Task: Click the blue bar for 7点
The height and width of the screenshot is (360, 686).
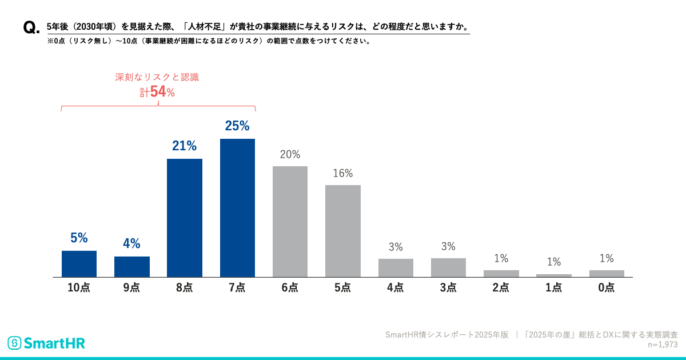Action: tap(237, 207)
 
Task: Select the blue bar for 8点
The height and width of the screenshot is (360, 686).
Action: tap(185, 218)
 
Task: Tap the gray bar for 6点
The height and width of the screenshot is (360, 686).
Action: tap(290, 221)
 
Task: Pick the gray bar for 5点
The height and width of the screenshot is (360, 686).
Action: tap(342, 231)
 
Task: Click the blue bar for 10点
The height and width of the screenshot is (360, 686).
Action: tap(79, 263)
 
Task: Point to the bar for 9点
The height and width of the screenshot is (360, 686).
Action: tap(131, 266)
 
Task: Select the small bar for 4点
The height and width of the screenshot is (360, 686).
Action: tap(396, 267)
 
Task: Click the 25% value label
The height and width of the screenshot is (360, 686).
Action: tap(237, 126)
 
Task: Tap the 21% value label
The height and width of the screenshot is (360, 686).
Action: tap(185, 146)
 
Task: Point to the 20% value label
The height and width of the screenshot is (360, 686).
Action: tap(290, 154)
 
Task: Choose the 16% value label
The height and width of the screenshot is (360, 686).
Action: tap(342, 173)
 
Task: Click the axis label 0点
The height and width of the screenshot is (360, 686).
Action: tap(607, 288)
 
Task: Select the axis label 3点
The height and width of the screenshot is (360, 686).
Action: tap(448, 288)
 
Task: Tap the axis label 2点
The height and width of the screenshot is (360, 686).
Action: tap(501, 288)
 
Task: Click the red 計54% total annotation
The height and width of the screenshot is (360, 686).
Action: tap(157, 91)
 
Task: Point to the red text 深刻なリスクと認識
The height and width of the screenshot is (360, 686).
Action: tap(157, 77)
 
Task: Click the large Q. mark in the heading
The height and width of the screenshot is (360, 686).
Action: tap(31, 28)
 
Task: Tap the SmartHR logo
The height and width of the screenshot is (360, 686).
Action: tap(46, 343)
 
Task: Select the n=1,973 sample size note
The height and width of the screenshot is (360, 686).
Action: tap(662, 345)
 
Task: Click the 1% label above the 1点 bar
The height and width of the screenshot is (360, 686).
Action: tap(553, 262)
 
